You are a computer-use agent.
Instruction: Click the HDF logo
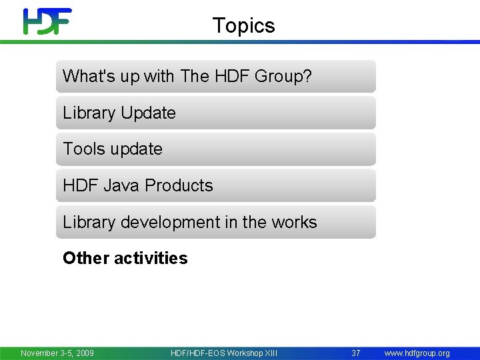tap(47, 21)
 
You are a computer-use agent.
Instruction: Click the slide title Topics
tap(243, 25)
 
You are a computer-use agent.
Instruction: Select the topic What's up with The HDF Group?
tap(215, 76)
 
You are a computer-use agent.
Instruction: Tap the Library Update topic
tap(215, 113)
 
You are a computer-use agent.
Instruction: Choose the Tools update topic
tap(215, 149)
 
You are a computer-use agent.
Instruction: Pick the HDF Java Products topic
tap(215, 185)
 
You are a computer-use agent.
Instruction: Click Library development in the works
tap(215, 222)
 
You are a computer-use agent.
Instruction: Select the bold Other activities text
tap(125, 258)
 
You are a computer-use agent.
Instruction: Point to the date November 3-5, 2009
tap(57, 353)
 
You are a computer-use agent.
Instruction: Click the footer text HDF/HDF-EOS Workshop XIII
tap(224, 353)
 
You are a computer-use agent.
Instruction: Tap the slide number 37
tap(356, 353)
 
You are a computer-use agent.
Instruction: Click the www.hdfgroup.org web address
tap(417, 353)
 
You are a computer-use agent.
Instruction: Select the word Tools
tap(84, 149)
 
